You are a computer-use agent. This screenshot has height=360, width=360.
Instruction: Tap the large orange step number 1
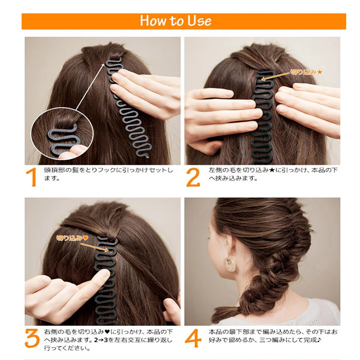coord(31,177)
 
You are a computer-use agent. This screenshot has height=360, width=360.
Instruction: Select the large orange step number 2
coord(193,177)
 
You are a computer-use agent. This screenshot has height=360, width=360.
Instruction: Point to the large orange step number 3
coord(31,338)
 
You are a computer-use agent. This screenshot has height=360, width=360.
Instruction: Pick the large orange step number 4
coord(193,338)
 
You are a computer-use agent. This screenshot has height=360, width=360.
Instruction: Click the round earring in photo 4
coord(230,264)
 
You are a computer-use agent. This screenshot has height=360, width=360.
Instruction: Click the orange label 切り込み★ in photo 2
coord(306,72)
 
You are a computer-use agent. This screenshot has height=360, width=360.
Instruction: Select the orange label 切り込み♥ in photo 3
coord(72,238)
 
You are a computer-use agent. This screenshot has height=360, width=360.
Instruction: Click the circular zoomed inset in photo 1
coord(62,134)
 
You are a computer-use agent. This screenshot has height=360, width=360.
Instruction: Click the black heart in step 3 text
coord(107,332)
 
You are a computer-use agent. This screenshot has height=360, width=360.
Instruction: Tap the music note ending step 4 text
coord(318,340)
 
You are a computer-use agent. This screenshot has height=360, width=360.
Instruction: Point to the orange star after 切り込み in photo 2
coord(320,72)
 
